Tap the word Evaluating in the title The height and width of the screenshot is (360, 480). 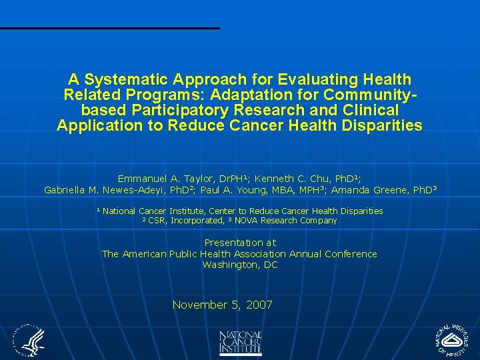[x=311, y=79]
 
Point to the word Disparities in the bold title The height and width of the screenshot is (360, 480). [x=383, y=125]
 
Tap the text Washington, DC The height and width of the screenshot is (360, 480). [x=240, y=265]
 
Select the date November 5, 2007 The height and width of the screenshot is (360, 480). [x=223, y=305]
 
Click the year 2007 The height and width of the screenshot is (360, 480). [x=259, y=305]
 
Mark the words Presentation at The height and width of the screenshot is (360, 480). [x=240, y=243]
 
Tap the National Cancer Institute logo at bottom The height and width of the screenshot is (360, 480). [x=240, y=343]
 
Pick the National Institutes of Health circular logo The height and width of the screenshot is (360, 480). [x=453, y=341]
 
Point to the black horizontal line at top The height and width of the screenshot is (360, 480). [x=109, y=28]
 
